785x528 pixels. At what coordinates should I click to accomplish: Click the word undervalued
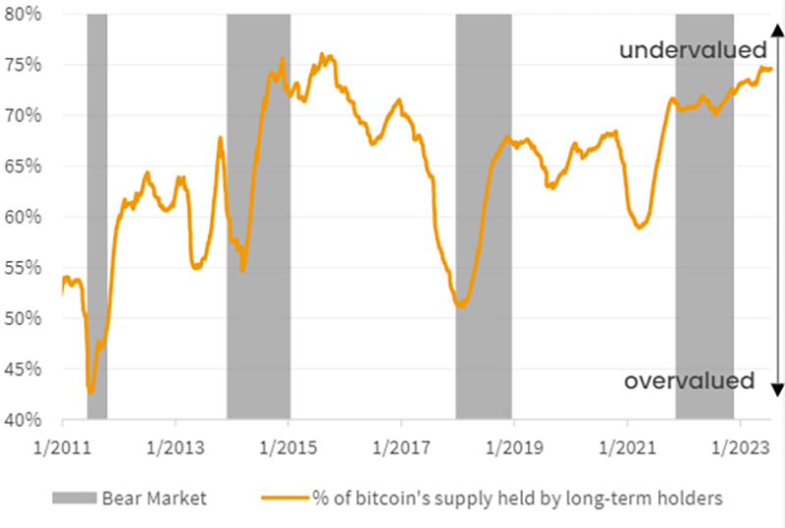[692, 50]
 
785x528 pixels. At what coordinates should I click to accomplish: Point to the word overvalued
[690, 381]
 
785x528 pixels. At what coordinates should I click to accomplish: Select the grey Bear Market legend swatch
[77, 498]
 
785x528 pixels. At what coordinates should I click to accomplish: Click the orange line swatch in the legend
[282, 498]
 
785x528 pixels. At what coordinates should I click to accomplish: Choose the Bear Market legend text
[154, 498]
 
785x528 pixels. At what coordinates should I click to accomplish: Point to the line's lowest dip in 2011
[90, 392]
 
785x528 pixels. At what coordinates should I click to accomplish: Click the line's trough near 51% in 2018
[460, 306]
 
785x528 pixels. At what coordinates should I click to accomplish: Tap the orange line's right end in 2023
[771, 69]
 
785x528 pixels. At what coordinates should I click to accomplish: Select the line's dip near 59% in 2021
[640, 228]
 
